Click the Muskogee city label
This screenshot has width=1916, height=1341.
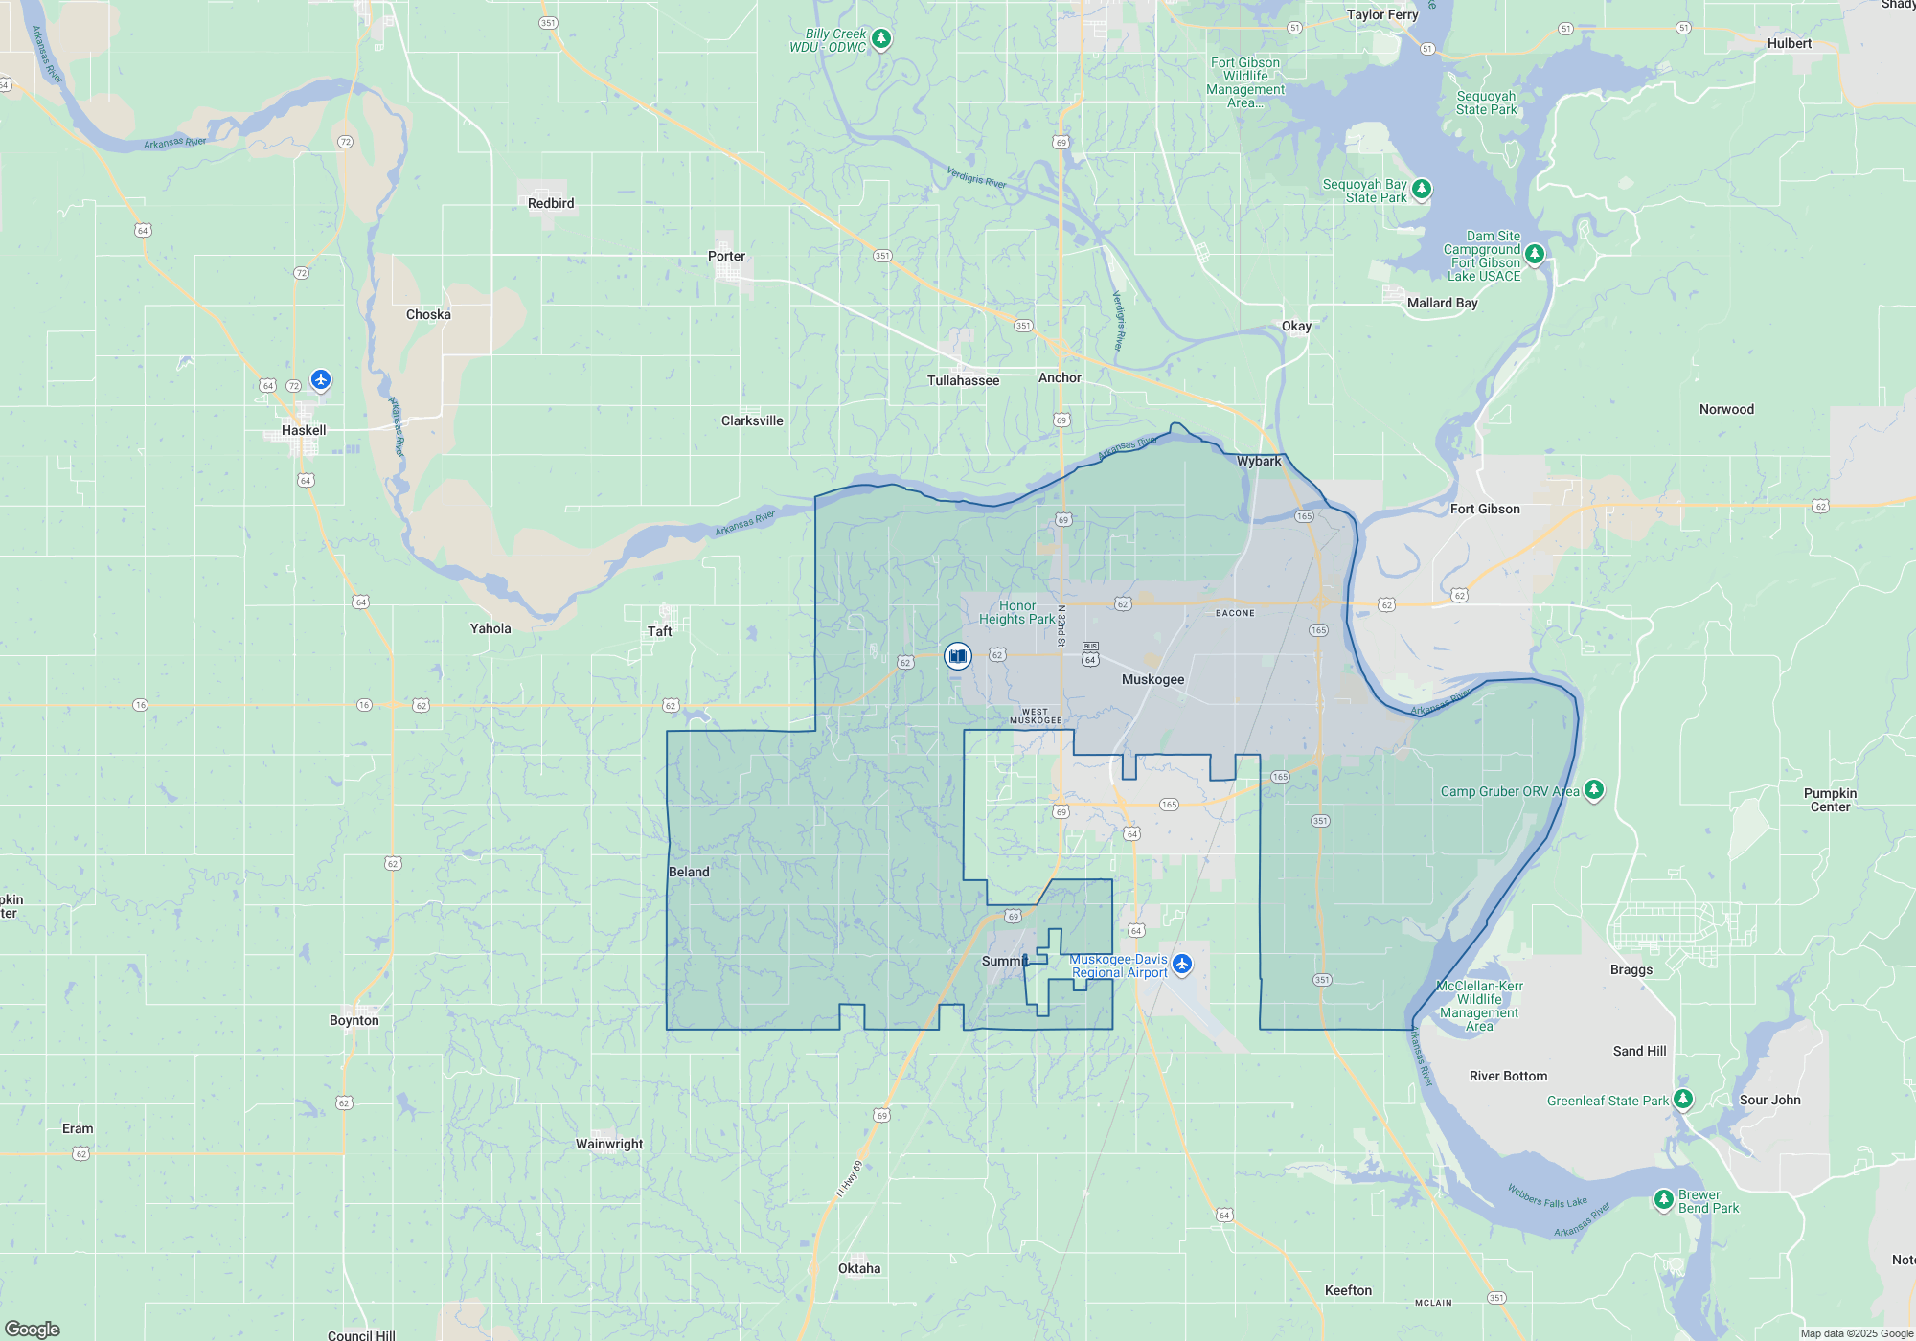pyautogui.click(x=1152, y=679)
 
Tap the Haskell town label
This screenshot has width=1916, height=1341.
pyautogui.click(x=304, y=430)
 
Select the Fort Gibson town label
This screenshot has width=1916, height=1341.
pyautogui.click(x=1485, y=509)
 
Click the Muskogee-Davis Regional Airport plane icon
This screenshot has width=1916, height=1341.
pyautogui.click(x=1182, y=964)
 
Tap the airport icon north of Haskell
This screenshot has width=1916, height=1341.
pyautogui.click(x=321, y=380)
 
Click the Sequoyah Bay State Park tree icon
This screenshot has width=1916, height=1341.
pyautogui.click(x=1422, y=189)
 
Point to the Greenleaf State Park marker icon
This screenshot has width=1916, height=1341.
pyautogui.click(x=1683, y=1100)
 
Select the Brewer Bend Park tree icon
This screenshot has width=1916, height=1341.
pyautogui.click(x=1664, y=1199)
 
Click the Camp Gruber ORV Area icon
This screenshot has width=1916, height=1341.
pyautogui.click(x=1594, y=790)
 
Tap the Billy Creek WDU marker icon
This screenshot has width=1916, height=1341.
pyautogui.click(x=881, y=39)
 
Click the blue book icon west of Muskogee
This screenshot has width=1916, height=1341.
pyautogui.click(x=957, y=656)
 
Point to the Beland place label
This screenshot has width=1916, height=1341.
pyautogui.click(x=689, y=872)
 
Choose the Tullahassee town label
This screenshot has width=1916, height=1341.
pyautogui.click(x=963, y=380)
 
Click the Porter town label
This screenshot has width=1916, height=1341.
pyautogui.click(x=726, y=256)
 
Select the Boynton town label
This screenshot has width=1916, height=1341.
pyautogui.click(x=354, y=1020)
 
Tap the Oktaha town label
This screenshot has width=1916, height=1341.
pyautogui.click(x=859, y=1268)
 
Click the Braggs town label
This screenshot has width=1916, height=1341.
pyautogui.click(x=1631, y=969)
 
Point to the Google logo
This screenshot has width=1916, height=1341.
pyautogui.click(x=33, y=1329)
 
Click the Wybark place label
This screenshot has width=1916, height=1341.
pyautogui.click(x=1259, y=461)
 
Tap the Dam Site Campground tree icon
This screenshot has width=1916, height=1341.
pyautogui.click(x=1535, y=254)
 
